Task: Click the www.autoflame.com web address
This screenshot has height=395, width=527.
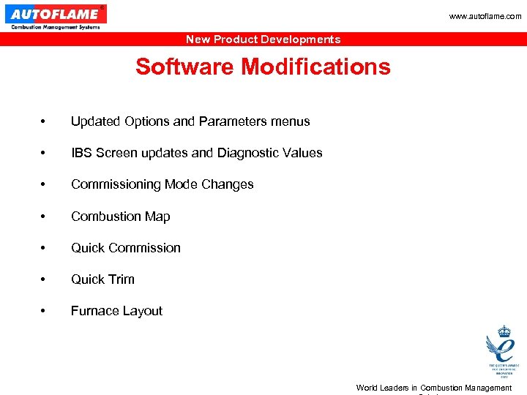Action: [x=485, y=16]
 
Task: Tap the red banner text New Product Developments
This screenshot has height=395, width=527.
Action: [x=263, y=39]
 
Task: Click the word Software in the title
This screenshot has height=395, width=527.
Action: [x=185, y=67]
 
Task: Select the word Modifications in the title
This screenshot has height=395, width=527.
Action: [x=316, y=67]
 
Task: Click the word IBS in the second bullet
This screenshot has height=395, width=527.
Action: [x=82, y=153]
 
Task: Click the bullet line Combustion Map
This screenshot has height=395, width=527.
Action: [x=120, y=217]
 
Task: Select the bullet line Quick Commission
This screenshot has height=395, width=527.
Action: [x=125, y=248]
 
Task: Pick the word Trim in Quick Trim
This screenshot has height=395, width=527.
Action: [x=121, y=279]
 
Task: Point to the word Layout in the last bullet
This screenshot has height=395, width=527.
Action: [x=143, y=311]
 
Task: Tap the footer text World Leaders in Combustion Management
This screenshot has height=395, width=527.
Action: [x=433, y=388]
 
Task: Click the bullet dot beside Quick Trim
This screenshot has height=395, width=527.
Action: [x=45, y=280]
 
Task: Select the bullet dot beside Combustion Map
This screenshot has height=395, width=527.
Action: [x=45, y=217]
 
